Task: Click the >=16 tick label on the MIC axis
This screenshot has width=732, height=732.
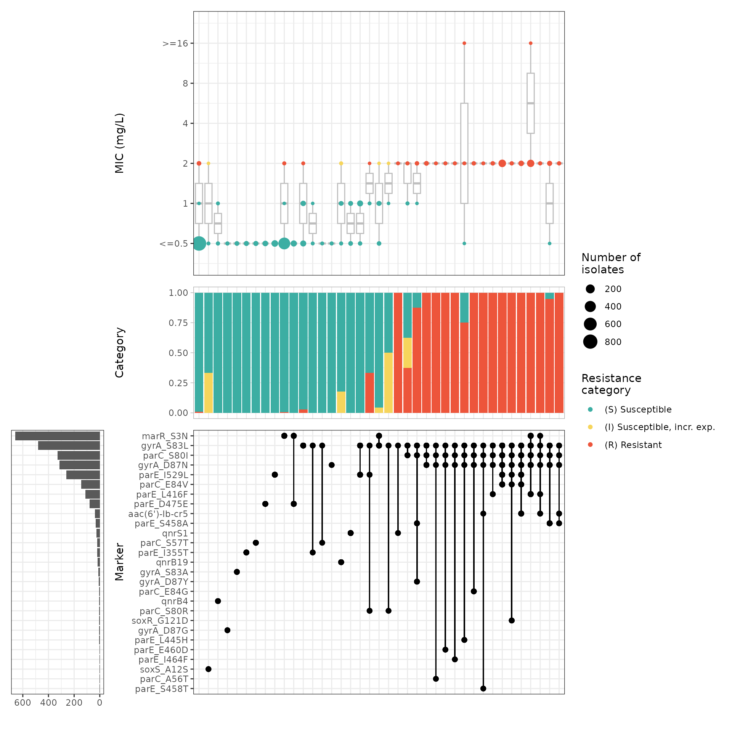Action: click(175, 43)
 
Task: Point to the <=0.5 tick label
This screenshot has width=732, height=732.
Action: click(174, 244)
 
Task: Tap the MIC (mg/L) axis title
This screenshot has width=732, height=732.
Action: click(120, 143)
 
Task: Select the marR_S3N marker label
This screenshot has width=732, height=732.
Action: click(165, 436)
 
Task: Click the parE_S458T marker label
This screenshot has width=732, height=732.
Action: click(162, 689)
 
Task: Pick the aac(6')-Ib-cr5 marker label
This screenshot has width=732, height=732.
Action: click(158, 514)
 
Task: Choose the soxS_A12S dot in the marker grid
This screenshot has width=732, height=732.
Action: click(209, 669)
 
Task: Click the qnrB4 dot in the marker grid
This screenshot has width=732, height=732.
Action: click(218, 601)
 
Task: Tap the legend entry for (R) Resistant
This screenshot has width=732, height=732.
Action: click(633, 445)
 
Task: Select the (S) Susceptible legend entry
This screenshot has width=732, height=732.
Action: click(638, 409)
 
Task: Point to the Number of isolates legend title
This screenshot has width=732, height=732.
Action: click(611, 263)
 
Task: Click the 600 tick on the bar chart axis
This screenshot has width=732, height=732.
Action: click(23, 703)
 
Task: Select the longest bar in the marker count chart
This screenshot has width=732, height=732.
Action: click(58, 436)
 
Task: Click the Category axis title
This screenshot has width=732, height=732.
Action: click(120, 353)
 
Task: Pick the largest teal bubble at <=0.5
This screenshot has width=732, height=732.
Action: click(199, 243)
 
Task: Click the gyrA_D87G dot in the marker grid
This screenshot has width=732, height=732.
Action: click(228, 630)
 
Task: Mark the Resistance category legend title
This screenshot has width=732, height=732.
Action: click(611, 384)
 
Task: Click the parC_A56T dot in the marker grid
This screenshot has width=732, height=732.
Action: click(436, 679)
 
